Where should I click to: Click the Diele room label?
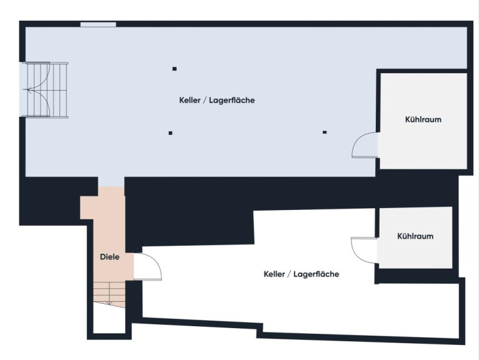[109, 257]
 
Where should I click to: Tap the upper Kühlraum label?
[423, 119]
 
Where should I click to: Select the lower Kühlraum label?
[415, 236]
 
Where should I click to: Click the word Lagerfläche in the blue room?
[232, 100]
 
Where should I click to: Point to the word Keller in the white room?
[275, 274]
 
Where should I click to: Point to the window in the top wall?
[98, 24]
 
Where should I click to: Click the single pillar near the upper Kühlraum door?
[325, 132]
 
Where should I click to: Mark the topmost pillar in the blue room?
[174, 69]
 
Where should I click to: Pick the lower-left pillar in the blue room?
[171, 133]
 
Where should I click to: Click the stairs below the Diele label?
[109, 294]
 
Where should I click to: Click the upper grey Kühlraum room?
[423, 121]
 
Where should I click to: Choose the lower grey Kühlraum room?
[415, 238]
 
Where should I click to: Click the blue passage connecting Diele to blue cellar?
[111, 182]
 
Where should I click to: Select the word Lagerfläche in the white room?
[316, 274]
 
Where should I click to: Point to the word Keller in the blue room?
[189, 100]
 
